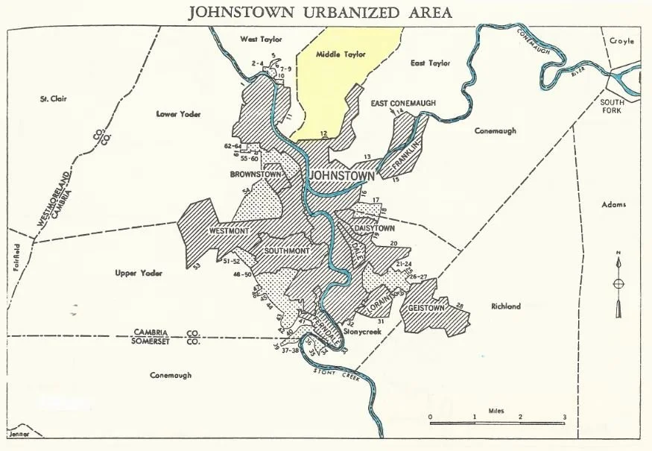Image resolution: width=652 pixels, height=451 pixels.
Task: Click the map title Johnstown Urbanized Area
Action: pyautogui.click(x=320, y=13)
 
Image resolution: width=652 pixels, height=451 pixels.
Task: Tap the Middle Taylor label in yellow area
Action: pyautogui.click(x=337, y=54)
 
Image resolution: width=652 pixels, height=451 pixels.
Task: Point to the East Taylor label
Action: pyautogui.click(x=431, y=63)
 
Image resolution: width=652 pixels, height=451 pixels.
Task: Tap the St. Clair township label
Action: pyautogui.click(x=54, y=98)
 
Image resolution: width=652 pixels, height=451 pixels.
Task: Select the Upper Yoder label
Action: pyautogui.click(x=139, y=274)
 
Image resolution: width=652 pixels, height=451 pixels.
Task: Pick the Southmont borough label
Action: pyautogui.click(x=286, y=250)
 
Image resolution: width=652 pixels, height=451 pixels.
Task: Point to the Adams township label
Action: pyautogui.click(x=613, y=204)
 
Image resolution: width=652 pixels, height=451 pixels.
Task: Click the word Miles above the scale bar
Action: pyautogui.click(x=497, y=411)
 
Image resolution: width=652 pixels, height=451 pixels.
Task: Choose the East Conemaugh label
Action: pyautogui.click(x=403, y=103)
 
